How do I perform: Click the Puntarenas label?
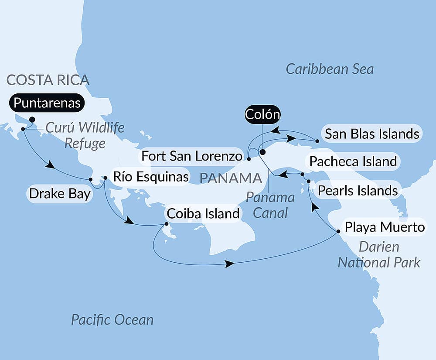pos(47,103)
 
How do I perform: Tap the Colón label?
pos(262,115)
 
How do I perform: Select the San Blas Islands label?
pos(372,134)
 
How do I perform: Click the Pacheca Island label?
pos(353,161)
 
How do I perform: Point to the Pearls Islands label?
pos(358,190)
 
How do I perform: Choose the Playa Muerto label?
pos(384,227)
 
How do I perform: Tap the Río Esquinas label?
pos(151,177)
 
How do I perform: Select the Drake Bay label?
pos(59,193)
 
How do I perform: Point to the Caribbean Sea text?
pos(330,69)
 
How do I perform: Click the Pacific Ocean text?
pos(112,320)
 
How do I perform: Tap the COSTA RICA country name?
pos(48,80)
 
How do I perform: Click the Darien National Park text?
pos(379,254)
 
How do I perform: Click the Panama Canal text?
pos(270,205)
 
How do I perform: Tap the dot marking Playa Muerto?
pos(338,231)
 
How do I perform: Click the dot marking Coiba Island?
pos(166,224)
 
